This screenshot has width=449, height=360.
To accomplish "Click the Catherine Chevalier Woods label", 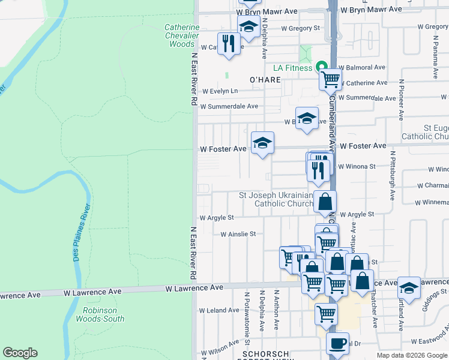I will click(181, 35).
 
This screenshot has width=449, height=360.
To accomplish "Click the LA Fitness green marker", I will click(321, 67).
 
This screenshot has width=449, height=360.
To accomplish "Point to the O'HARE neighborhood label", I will click(265, 79).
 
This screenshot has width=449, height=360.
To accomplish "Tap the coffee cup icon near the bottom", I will click(337, 343).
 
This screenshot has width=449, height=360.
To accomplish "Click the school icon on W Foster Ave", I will click(262, 143).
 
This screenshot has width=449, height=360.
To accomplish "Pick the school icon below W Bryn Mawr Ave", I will click(249, 26).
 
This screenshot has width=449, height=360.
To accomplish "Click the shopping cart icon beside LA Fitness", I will click(330, 79).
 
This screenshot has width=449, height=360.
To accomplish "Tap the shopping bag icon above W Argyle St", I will click(325, 202).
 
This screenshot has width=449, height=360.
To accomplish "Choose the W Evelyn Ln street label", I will click(220, 91).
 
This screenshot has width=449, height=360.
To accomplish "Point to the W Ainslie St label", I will click(238, 234).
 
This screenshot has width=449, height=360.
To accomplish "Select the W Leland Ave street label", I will click(220, 310).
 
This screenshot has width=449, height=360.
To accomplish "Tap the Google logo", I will click(20, 353).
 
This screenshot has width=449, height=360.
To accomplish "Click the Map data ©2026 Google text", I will click(412, 355).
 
